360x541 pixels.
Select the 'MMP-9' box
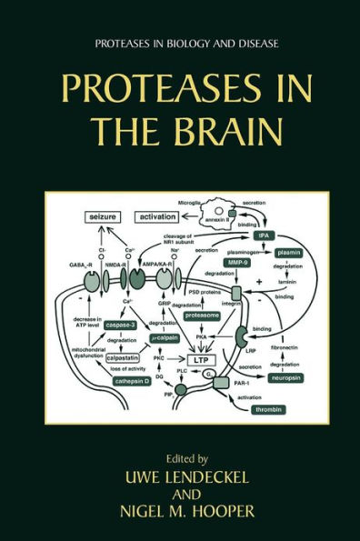(238, 269)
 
